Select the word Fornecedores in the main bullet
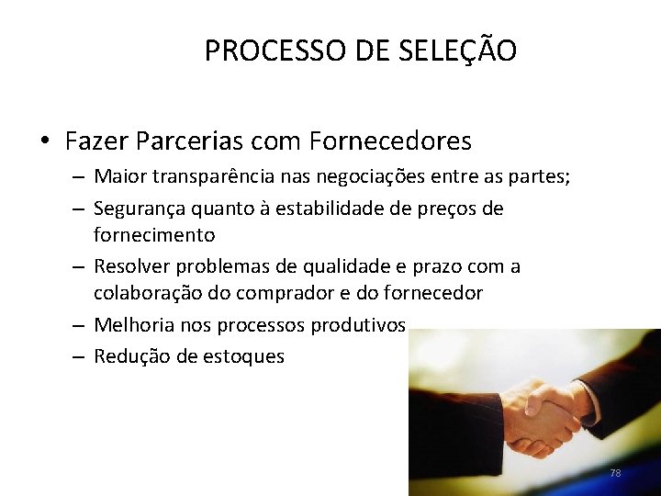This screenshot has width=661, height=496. click(x=391, y=141)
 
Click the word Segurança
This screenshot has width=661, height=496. click(x=136, y=209)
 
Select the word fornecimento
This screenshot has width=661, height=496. click(x=154, y=235)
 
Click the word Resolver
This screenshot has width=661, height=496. click(x=131, y=267)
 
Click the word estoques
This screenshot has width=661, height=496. click(x=242, y=356)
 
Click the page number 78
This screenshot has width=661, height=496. click(x=615, y=473)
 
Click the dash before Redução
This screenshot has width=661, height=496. click(x=80, y=356)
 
